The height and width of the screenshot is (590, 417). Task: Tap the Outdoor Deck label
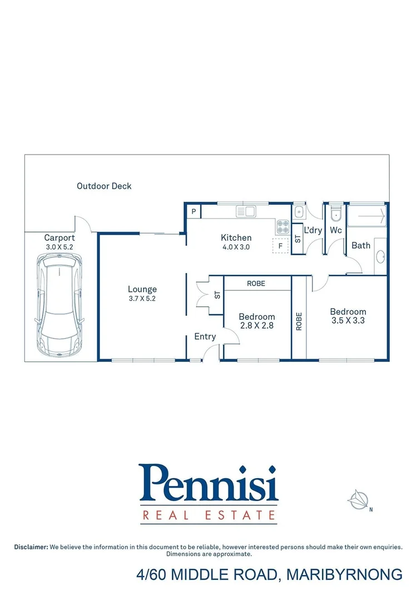104,186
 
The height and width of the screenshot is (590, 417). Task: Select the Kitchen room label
236,237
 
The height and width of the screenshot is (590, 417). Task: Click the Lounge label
142,289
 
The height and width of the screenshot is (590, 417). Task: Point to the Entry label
205,336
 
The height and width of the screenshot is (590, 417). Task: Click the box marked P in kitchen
194,211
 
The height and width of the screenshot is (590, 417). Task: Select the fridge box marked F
280,245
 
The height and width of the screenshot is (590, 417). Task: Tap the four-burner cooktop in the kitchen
282,226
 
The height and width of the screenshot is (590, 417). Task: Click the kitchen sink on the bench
245,211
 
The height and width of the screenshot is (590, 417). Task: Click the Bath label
361,245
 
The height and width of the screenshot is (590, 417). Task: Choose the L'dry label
313,230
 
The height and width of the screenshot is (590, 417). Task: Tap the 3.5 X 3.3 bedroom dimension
348,320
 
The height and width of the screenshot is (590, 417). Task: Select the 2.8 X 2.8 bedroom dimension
256,325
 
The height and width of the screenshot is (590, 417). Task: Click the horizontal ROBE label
256,284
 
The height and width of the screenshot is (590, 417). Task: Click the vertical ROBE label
299,322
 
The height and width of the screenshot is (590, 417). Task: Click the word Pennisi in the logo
209,484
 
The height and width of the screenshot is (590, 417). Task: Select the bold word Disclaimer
31,547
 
